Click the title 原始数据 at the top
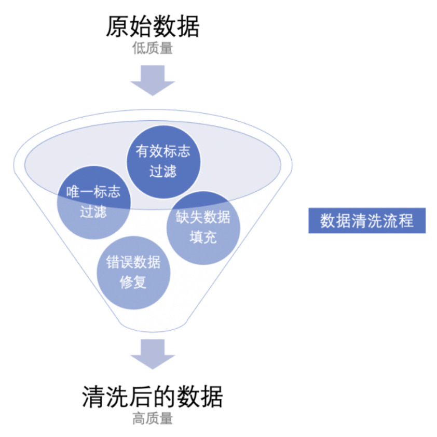tap(152, 26)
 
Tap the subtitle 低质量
tap(152, 49)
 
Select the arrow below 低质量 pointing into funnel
tap(152, 80)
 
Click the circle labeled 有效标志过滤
tap(163, 161)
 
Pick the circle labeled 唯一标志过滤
tap(93, 202)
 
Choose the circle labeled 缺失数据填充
tap(203, 227)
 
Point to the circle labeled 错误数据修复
tap(133, 272)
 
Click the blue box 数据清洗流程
tap(367, 221)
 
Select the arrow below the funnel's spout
tap(152, 354)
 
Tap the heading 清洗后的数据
tap(152, 398)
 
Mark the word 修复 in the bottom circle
tap(133, 282)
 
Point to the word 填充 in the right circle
tap(203, 237)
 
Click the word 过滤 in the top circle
tap(163, 171)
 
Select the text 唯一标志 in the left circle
tap(93, 192)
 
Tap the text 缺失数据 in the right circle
tap(203, 217)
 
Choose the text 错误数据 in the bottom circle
tap(133, 262)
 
